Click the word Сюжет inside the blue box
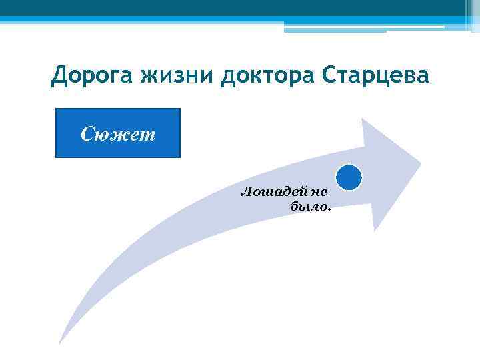(x=118, y=134)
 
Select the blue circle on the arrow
(x=349, y=178)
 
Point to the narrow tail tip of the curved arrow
(x=60, y=343)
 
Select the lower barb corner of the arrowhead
(x=375, y=230)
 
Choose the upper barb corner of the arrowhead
(x=362, y=119)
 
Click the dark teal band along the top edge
(x=240, y=7)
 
